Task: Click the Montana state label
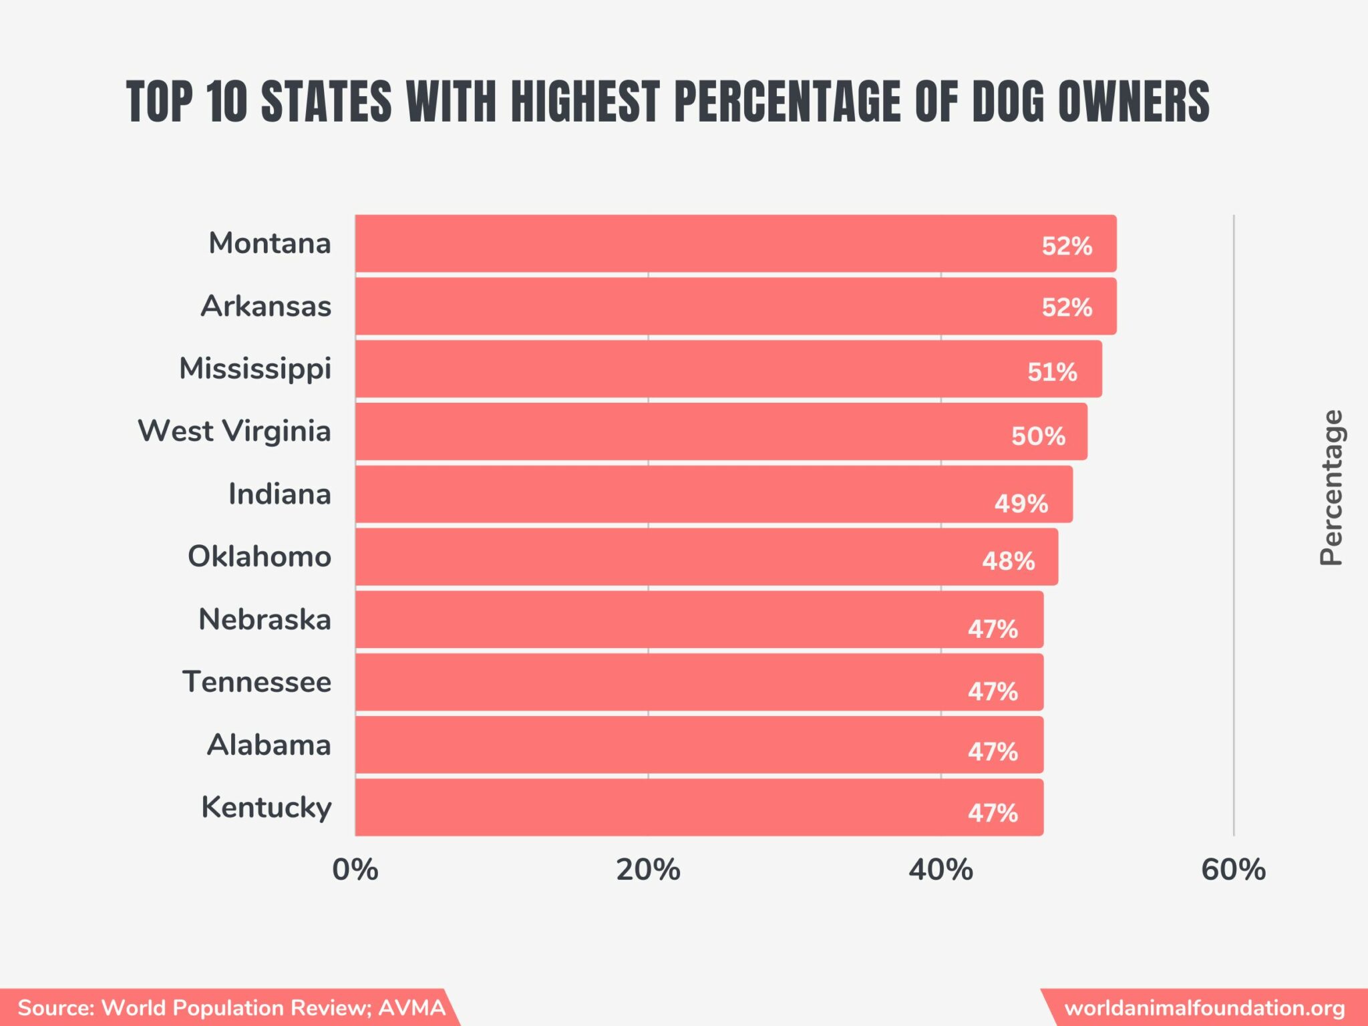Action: coord(269,243)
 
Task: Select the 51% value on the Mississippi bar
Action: coord(1052,371)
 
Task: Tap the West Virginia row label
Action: coord(234,431)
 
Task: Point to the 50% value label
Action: coord(1038,436)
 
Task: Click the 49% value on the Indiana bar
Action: coord(1021,503)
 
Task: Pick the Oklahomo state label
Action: coord(259,556)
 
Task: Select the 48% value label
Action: coord(1008,561)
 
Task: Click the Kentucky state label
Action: coord(266,808)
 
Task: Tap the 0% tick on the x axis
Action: coord(355,870)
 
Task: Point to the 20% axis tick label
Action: coord(648,870)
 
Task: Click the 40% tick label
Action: coord(940,870)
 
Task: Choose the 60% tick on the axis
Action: coord(1233,870)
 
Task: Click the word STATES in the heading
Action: coord(326,102)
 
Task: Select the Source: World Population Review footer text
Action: coord(230,1007)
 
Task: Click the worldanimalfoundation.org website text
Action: coord(1204,1007)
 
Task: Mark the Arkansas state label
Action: coord(266,306)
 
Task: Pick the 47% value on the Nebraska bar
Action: coord(993,629)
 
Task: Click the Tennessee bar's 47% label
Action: coord(993,691)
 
